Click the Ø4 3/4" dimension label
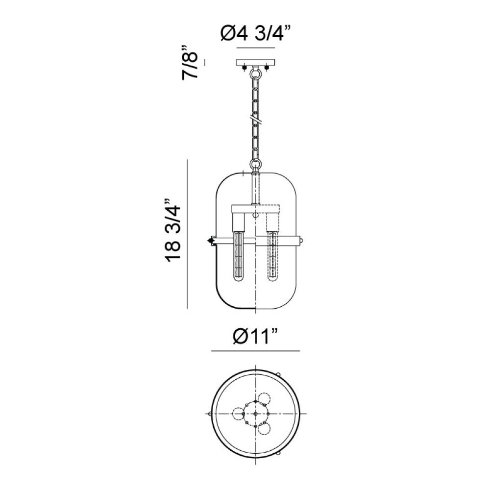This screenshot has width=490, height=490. pyautogui.click(x=256, y=33)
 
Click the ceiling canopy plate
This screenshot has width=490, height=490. pyautogui.click(x=256, y=63)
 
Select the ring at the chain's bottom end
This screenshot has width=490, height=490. pyautogui.click(x=256, y=164)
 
